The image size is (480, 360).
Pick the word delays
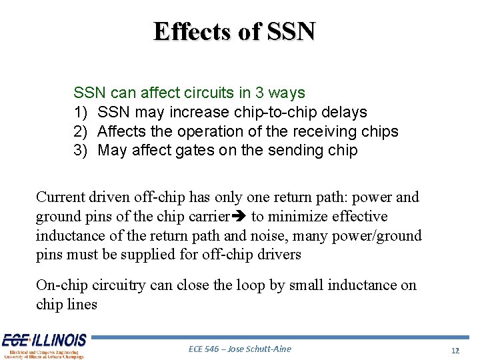[343, 113]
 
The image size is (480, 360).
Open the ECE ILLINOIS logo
[43, 346]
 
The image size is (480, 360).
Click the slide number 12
[455, 350]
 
